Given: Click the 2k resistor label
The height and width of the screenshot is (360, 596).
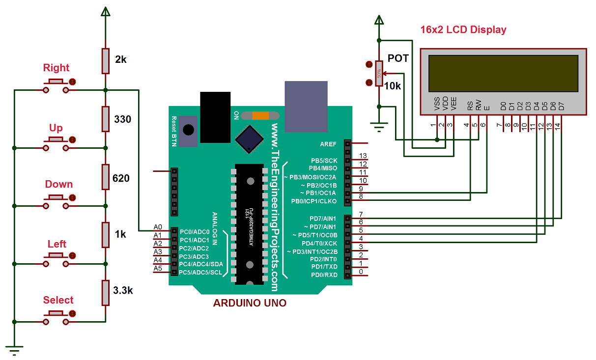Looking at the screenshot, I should click(121, 60).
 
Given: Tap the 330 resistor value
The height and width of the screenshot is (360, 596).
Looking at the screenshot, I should click(122, 119).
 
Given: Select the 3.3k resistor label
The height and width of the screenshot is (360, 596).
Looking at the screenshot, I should click(123, 290).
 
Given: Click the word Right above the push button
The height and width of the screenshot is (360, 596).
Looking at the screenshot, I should click(56, 68).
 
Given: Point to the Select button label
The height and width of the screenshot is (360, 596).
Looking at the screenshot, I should click(58, 300).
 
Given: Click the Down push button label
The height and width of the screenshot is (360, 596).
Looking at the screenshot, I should click(58, 184).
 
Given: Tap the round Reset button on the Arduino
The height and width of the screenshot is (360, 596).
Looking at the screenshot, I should click(188, 130).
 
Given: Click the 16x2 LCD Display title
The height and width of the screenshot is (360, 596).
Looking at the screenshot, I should click(463, 29).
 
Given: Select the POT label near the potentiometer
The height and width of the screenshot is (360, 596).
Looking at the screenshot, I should click(398, 58).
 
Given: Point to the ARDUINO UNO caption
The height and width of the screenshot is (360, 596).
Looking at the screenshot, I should click(250, 303).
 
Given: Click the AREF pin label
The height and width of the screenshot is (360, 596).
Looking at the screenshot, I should click(328, 144).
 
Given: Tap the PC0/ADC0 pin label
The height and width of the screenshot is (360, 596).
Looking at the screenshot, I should click(194, 231).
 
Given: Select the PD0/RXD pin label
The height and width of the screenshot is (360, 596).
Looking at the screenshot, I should click(324, 275).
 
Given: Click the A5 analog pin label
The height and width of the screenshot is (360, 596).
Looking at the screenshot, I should click(158, 268).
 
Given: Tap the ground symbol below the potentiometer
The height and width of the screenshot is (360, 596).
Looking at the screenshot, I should click(378, 130).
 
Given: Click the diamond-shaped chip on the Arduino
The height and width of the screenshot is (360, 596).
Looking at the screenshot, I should click(249, 139).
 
